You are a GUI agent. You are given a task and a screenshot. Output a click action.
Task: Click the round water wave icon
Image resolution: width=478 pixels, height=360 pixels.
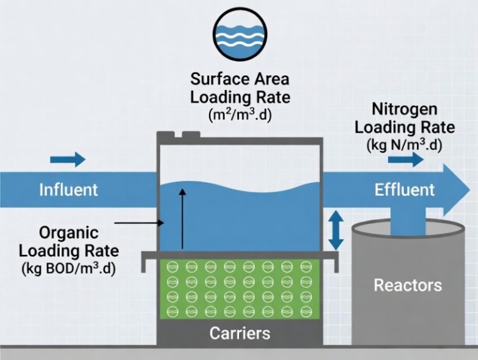click(240, 34)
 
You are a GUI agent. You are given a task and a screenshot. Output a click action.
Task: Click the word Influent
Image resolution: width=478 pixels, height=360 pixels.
click(68, 190)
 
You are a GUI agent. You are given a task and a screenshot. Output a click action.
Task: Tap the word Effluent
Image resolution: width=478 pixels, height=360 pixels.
click(405, 190)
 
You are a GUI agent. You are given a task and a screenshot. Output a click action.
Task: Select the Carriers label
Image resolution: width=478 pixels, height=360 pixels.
click(240, 333)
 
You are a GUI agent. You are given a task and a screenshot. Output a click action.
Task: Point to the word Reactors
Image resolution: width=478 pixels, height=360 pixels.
click(408, 285)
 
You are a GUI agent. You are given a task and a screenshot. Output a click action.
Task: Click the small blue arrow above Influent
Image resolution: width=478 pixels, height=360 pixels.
click(68, 160)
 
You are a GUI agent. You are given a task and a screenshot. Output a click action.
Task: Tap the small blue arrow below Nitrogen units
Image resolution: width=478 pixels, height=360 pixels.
click(406, 160)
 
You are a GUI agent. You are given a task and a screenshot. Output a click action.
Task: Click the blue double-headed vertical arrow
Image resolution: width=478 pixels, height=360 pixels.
click(335, 230)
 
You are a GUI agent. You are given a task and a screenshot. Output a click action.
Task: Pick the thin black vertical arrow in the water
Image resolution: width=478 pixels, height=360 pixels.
click(182, 219)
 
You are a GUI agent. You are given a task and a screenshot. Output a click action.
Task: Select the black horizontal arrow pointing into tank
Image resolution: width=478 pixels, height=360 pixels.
click(139, 223)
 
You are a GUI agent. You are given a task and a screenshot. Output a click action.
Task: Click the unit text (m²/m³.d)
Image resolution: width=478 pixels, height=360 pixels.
click(240, 116)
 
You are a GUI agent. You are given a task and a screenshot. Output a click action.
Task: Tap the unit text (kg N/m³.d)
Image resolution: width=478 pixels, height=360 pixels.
click(404, 145)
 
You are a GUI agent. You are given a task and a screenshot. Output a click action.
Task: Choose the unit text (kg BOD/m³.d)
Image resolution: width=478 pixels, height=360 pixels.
click(68, 269)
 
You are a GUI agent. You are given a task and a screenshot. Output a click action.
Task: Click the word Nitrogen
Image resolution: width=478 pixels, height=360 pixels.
click(405, 109)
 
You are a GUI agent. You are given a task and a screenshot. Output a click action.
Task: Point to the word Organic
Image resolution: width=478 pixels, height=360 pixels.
click(68, 233)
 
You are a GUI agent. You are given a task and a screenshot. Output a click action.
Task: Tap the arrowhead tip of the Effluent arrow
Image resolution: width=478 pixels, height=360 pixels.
click(470, 190)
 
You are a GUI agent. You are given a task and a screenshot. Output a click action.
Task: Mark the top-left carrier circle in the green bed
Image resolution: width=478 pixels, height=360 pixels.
click(172, 267)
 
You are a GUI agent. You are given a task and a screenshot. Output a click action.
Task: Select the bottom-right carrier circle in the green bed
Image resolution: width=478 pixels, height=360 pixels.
click(306, 311)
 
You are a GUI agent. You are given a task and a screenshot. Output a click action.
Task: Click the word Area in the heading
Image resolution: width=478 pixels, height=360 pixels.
click(271, 79)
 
